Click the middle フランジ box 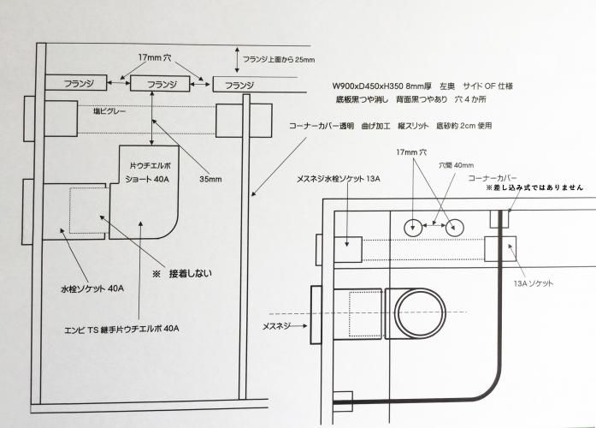(x=162, y=84)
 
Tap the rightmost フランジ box (x=245, y=86)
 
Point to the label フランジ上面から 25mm (x=280, y=60)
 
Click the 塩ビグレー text (x=110, y=110)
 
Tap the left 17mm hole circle (x=415, y=227)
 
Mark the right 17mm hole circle (x=455, y=227)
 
